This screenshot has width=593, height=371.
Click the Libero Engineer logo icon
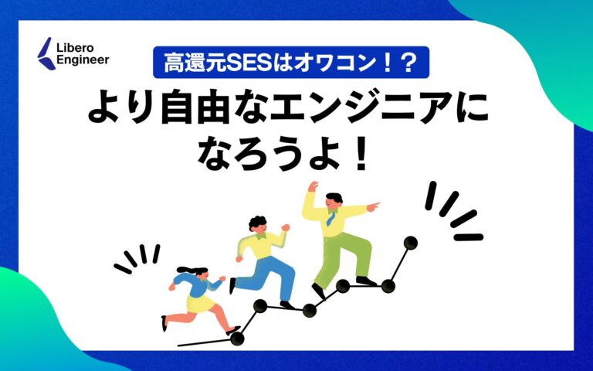coord(46,50)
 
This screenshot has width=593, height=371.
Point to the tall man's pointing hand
coord(373,206)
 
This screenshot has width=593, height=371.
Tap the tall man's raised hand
coord(312,187)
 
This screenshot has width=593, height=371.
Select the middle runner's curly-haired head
coord(258,225)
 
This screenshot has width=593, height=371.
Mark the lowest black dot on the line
coord(237,338)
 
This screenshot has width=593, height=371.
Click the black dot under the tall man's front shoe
coord(388,286)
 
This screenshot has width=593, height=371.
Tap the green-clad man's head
coord(333,200)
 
